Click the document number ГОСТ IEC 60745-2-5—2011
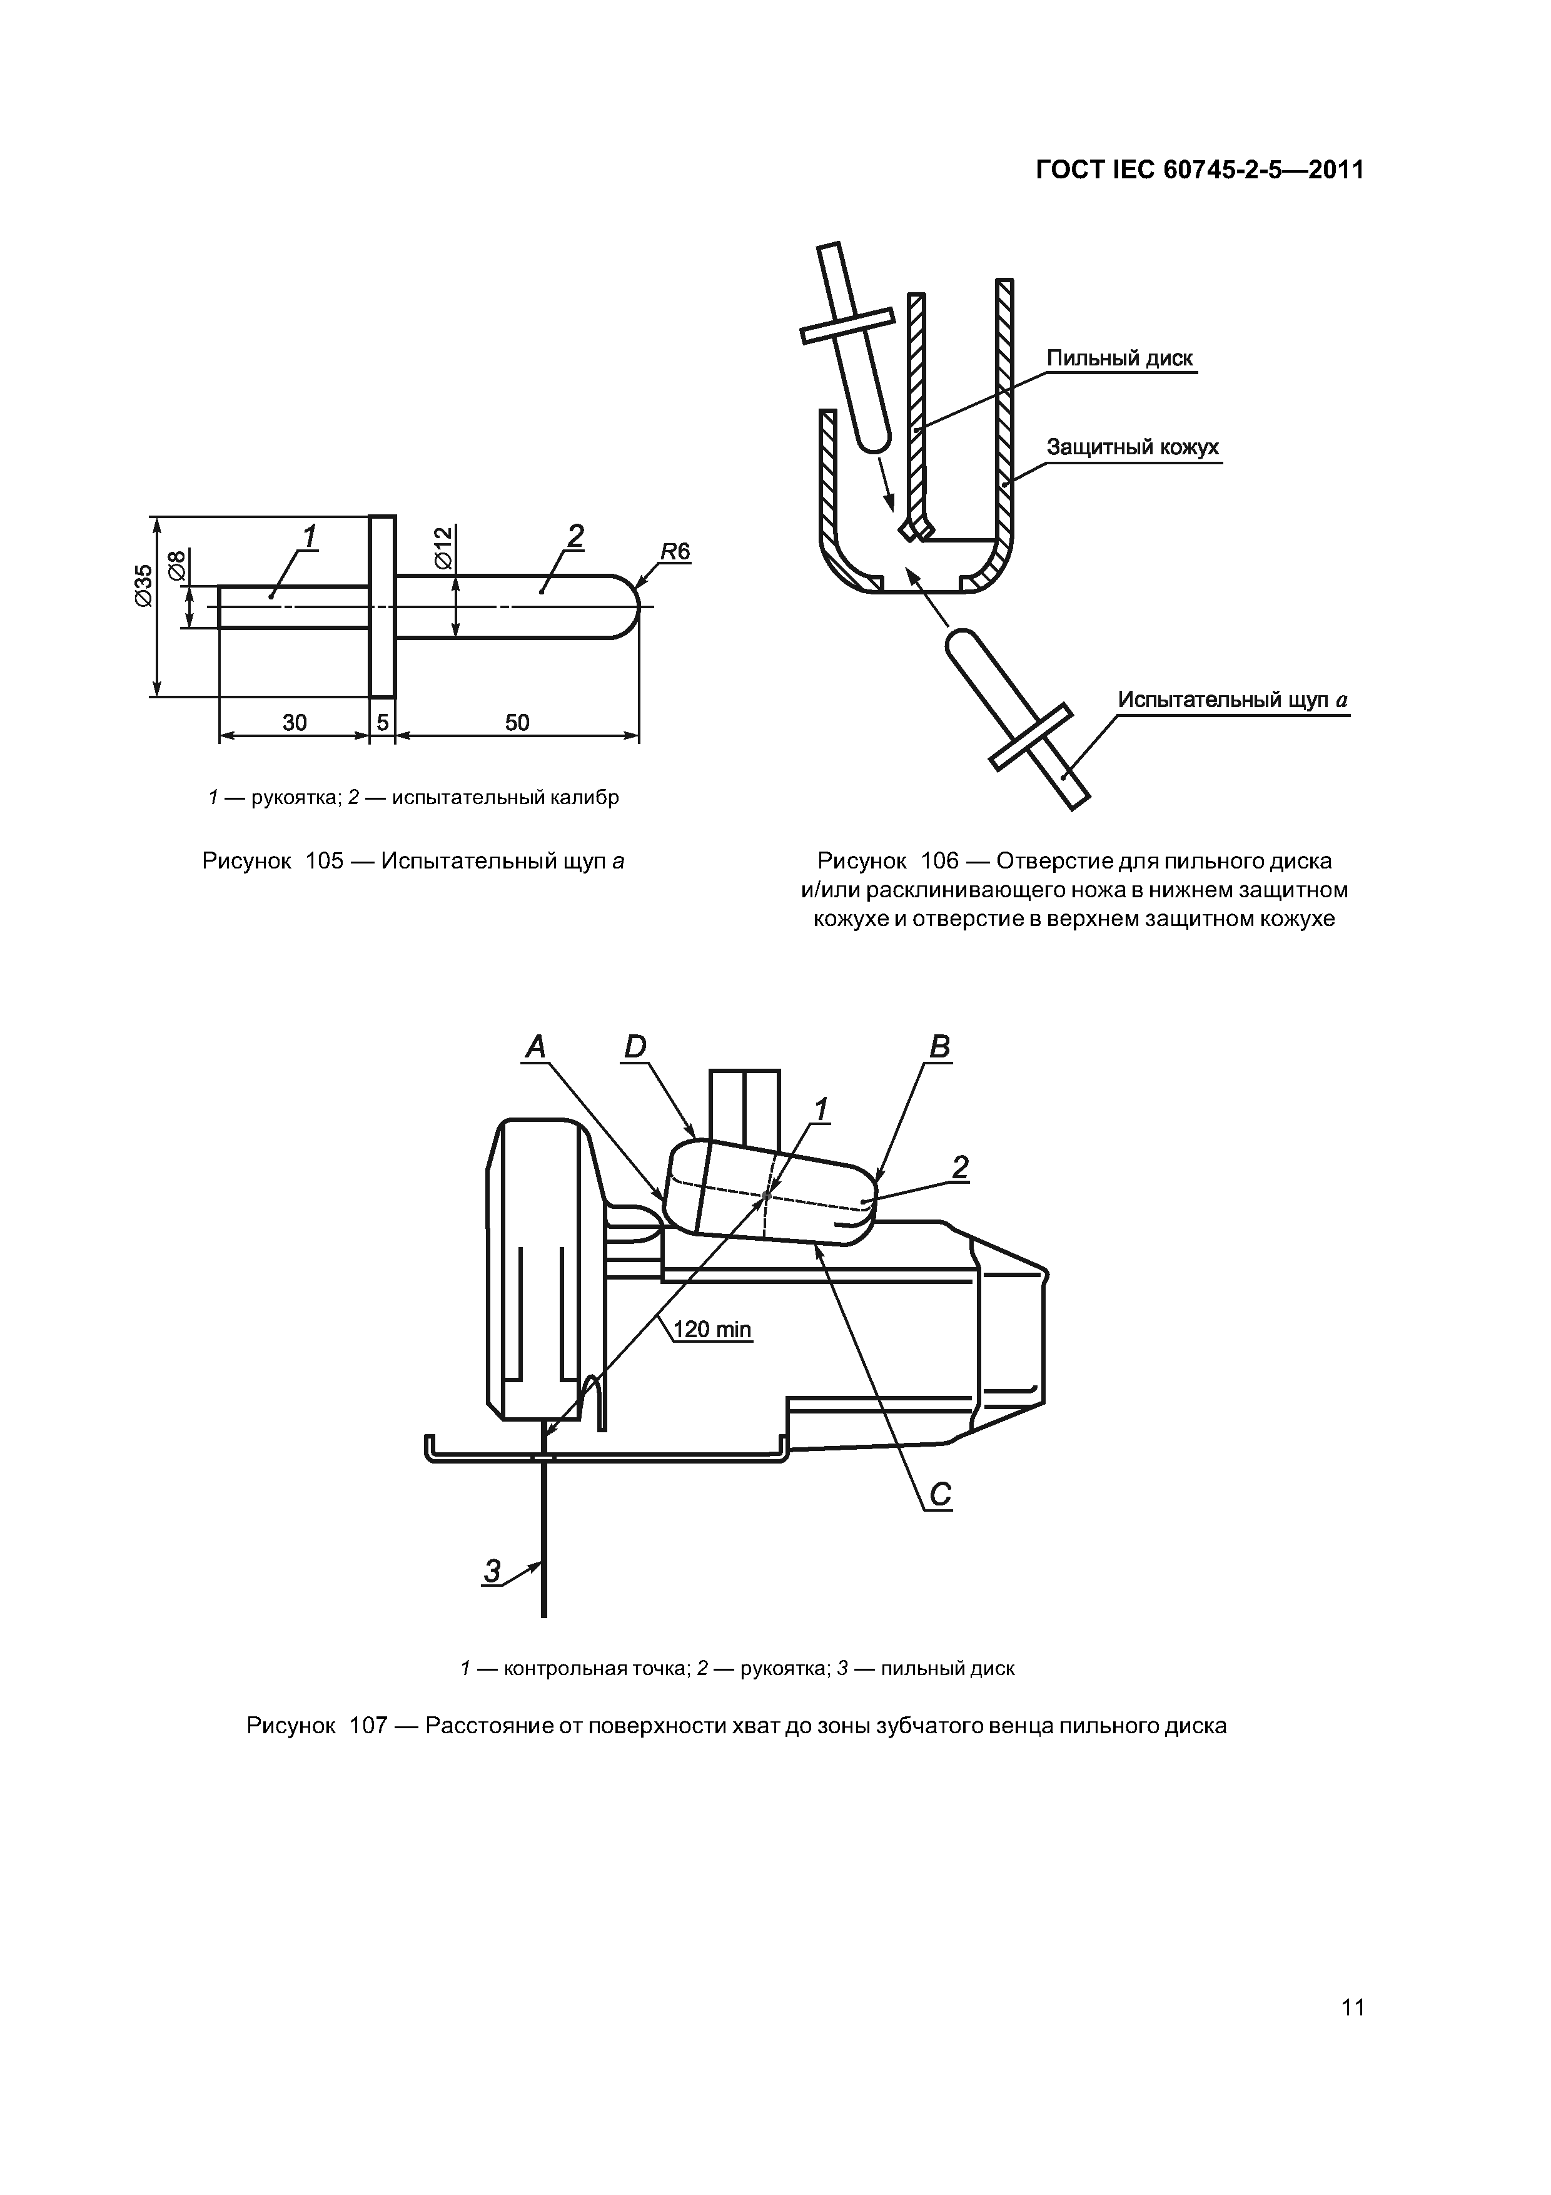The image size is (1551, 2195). coord(1200,170)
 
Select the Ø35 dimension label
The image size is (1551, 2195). coord(143,585)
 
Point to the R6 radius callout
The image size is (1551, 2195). coord(675,552)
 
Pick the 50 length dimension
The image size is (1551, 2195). coord(517,723)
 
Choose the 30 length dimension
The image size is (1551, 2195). coord(295,723)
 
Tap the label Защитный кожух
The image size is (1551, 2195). coord(1133,447)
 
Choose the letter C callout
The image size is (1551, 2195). coord(939,1494)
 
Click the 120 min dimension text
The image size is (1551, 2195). coord(712,1329)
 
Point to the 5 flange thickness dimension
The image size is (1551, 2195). coord(382,723)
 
